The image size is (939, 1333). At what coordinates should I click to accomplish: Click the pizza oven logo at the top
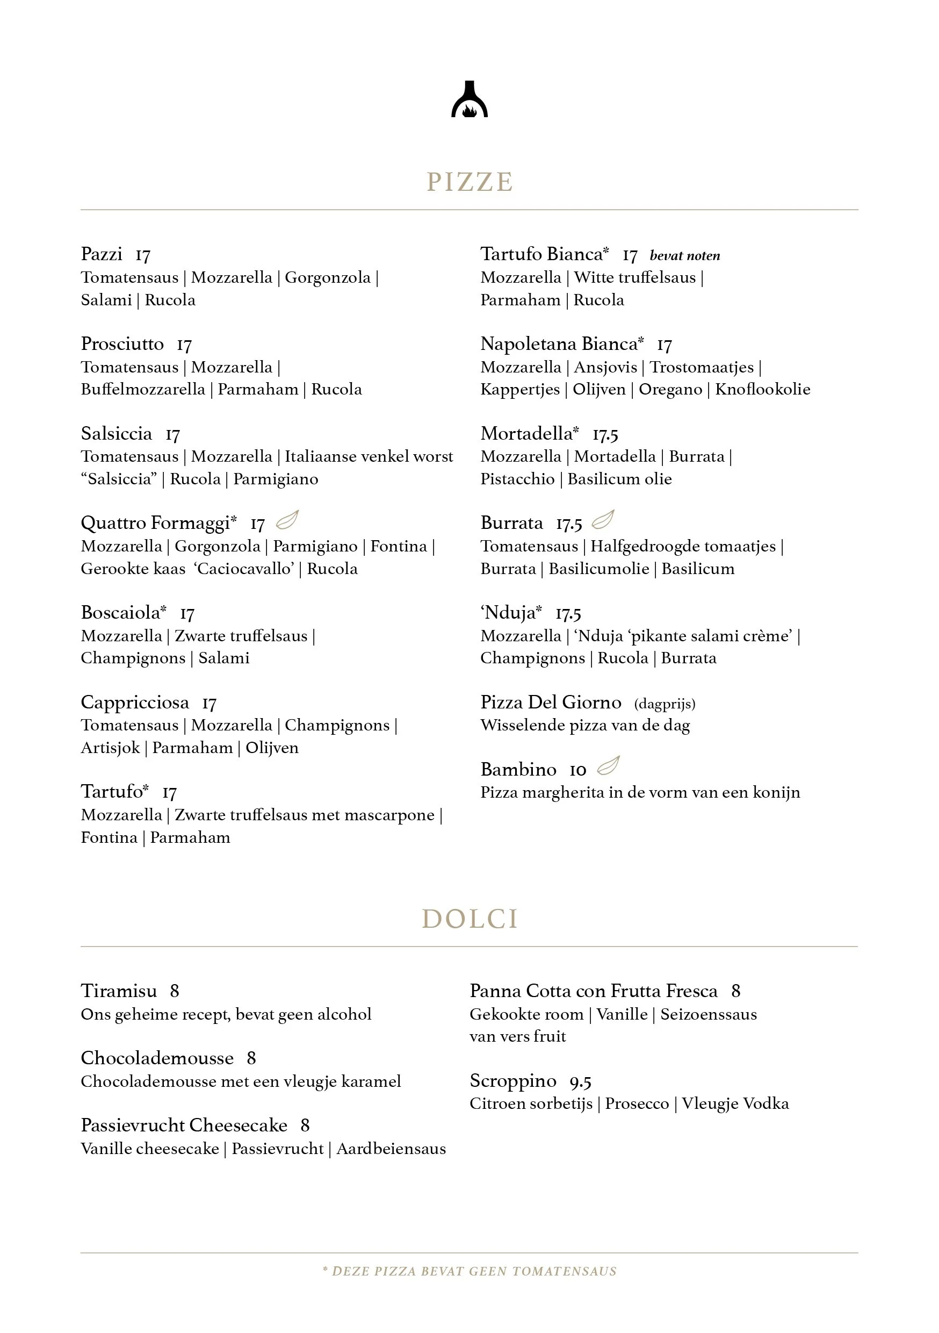469,100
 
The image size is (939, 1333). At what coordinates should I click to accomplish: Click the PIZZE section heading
469,182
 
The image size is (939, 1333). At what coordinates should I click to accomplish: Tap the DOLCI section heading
469,919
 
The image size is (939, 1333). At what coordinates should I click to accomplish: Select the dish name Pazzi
102,254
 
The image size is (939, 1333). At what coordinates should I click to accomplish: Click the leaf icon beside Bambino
608,766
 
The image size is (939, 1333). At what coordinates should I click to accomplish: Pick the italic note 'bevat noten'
685,255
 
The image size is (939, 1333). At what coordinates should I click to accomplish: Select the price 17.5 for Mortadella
605,434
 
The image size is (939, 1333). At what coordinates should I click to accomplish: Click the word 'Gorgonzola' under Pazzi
327,277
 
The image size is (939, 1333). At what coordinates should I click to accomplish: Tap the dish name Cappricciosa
135,703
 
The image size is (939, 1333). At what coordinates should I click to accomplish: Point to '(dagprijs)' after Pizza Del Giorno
664,704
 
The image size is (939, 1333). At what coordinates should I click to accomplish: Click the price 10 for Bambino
577,770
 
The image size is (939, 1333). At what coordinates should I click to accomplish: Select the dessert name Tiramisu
119,991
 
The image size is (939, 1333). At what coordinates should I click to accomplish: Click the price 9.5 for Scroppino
580,1081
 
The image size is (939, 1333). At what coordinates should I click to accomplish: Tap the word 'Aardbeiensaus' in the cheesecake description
391,1149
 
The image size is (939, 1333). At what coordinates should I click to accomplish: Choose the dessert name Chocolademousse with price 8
157,1058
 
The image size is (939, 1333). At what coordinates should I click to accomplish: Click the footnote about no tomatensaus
469,1272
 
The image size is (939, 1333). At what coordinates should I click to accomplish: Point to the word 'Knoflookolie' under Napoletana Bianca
763,390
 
